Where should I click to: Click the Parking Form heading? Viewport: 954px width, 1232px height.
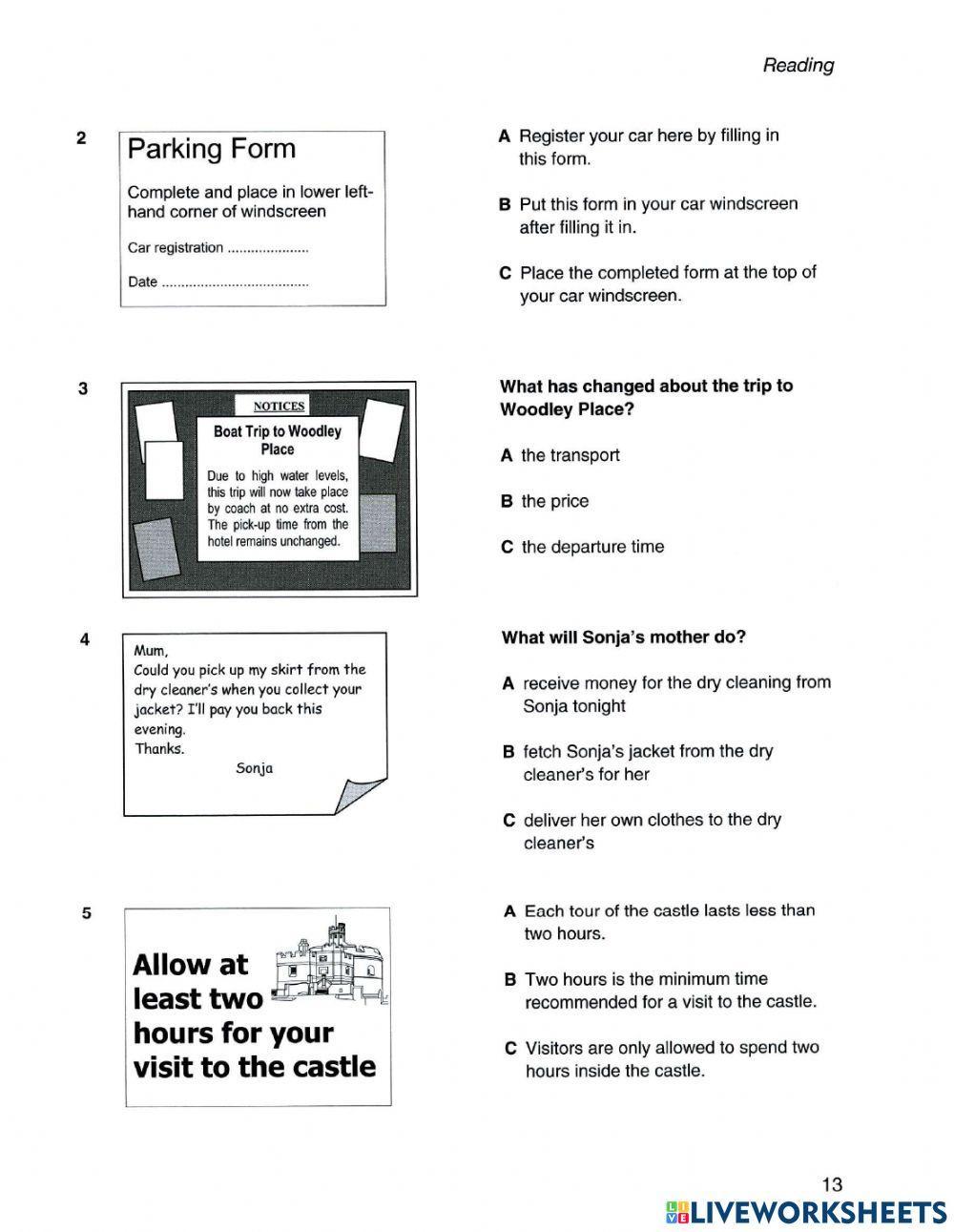coord(212,149)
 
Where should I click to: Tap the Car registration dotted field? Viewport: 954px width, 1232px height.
coord(268,250)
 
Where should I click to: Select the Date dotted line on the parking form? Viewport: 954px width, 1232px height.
coord(235,284)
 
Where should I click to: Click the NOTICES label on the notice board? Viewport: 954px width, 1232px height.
coord(279,406)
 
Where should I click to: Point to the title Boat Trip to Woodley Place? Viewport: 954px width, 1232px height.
coord(277,440)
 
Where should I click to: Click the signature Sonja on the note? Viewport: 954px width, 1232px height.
coord(254,767)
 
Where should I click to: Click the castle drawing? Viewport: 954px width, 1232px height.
coord(330,964)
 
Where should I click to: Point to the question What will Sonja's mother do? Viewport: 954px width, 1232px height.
coord(623,637)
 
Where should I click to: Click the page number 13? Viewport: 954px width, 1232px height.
coord(831,1184)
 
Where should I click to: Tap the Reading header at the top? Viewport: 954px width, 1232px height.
coord(798,65)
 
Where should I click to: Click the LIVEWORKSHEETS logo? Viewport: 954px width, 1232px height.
coord(805,1211)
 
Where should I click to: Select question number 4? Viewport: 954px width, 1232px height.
coord(85,640)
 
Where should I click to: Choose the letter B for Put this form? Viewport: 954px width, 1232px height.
coord(505,204)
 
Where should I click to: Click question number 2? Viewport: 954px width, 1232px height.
coord(81,137)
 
